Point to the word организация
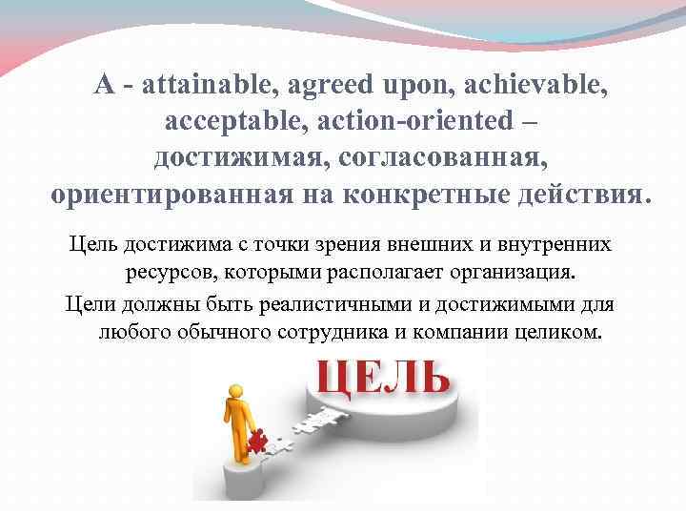click(514, 273)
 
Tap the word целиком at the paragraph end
click(561, 334)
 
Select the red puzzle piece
click(255, 441)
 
